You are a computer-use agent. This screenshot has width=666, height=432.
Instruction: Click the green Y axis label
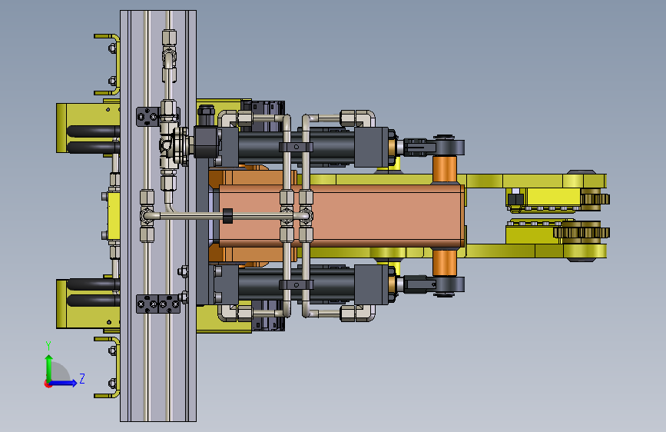click(48, 346)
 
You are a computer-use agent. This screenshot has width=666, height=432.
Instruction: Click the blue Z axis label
click(82, 378)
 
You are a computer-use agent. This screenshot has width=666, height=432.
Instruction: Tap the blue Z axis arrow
click(63, 383)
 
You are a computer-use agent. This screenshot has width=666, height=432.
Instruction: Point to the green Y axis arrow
click(49, 369)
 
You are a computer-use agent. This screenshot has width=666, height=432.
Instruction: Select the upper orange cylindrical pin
click(444, 170)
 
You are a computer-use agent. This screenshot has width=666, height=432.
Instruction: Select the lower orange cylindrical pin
click(444, 263)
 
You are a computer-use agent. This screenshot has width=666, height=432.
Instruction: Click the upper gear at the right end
click(595, 199)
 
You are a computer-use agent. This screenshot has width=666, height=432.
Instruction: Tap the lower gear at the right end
click(582, 232)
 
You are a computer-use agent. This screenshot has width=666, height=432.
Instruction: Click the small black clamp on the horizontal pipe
click(227, 216)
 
